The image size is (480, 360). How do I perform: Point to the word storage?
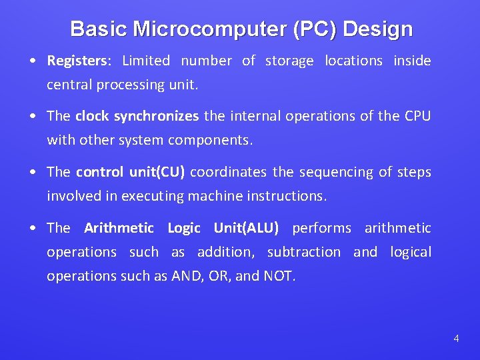tap(289, 61)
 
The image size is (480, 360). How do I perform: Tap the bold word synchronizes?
tap(156, 117)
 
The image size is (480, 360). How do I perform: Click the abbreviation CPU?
tap(418, 117)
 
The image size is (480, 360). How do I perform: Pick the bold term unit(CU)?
tap(157, 173)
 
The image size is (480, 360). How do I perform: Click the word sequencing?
tap(334, 173)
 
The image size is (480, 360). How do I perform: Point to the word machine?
tap(215, 197)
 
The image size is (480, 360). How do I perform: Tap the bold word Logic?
tap(184, 229)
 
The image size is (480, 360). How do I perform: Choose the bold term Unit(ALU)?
tap(246, 229)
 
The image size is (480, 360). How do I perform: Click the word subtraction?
tap(303, 253)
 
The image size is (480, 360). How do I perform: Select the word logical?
tap(411, 253)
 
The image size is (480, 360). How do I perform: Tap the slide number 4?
tap(456, 339)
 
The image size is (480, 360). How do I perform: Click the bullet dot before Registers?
tap(33, 61)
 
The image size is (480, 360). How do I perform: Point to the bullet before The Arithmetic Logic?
tap(33, 229)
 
